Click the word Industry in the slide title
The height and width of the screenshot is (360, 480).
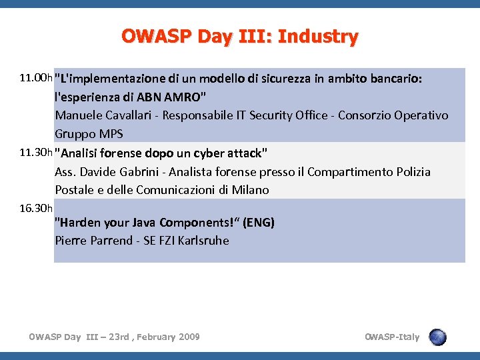point(318,37)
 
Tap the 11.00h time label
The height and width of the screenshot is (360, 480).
point(36,78)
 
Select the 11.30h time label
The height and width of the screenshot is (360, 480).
point(36,153)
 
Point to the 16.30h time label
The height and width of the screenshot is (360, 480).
point(36,209)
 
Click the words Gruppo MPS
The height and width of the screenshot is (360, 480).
point(89,134)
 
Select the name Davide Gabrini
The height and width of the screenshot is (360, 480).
point(117,172)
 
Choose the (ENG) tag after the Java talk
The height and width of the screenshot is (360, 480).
point(259,223)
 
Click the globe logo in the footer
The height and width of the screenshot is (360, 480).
point(437,337)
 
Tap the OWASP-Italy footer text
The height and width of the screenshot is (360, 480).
point(392,337)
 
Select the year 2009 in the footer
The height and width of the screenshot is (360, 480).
point(188,337)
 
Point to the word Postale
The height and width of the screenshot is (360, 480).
point(75,190)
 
